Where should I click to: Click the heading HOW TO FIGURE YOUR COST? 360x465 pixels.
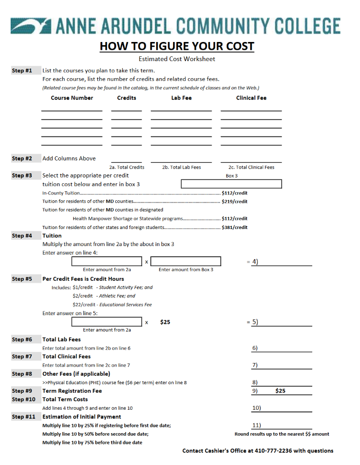177,46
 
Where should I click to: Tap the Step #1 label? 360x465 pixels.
22,70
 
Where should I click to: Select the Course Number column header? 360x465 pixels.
72,98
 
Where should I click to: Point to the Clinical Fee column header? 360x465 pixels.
251,98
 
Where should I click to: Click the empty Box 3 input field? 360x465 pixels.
231,184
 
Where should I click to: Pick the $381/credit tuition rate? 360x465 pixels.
234,227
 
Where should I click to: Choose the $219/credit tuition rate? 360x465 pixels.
234,201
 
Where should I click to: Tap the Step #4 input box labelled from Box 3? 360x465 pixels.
186,261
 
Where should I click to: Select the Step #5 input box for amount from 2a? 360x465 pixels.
107,322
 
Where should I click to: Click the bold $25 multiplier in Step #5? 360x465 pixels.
165,322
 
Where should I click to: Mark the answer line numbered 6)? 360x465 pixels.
281,348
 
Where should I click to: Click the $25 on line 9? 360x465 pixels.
280,391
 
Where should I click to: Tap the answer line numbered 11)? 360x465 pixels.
281,425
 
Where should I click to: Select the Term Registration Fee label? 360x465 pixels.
72,391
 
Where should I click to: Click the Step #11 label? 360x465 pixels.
23,417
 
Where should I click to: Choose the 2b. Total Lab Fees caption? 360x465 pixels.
181,167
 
